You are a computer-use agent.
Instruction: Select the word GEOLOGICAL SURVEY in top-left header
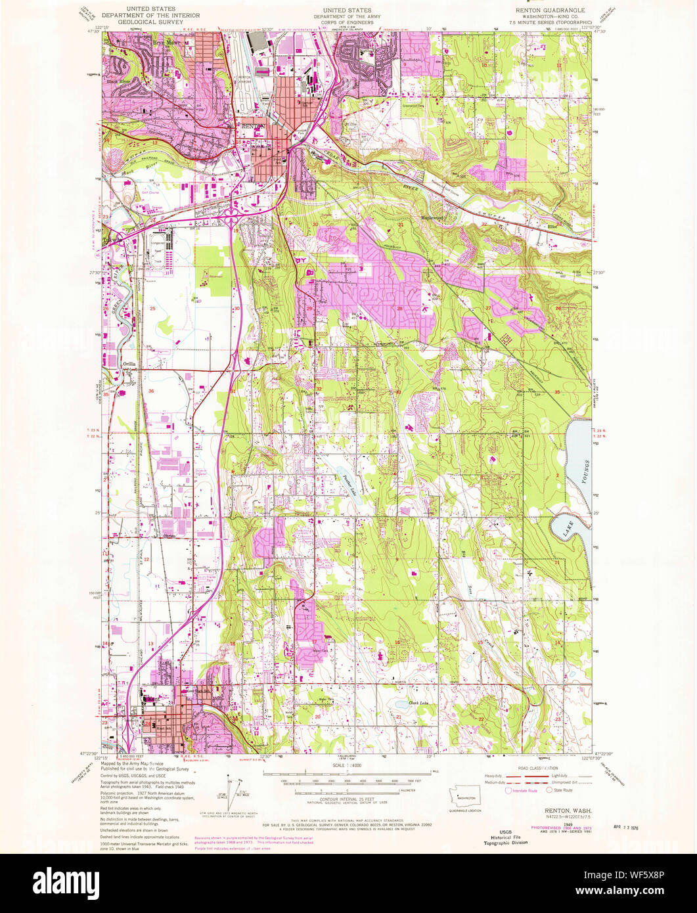click(138, 22)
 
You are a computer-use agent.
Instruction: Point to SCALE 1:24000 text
click(348, 767)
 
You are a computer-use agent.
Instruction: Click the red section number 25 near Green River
click(152, 308)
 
